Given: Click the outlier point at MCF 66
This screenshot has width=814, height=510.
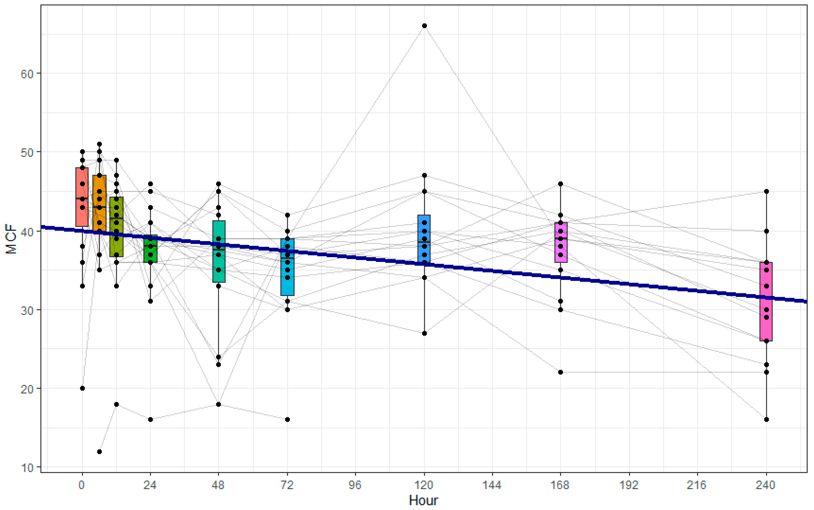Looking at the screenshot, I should click(x=424, y=26).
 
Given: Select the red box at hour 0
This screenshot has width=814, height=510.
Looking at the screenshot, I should click(x=82, y=197).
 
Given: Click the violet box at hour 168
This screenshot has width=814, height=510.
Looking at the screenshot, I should click(x=561, y=242).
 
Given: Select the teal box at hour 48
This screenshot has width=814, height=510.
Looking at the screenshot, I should click(x=219, y=251).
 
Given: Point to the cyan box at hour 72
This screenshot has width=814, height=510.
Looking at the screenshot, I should click(x=287, y=267).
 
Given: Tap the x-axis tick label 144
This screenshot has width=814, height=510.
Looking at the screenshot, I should click(x=492, y=485).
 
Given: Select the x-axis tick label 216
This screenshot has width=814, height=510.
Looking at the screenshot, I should click(x=697, y=485).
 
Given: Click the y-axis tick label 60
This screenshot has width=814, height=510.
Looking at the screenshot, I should click(x=27, y=74).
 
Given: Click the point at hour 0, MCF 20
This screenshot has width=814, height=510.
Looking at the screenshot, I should click(x=82, y=388).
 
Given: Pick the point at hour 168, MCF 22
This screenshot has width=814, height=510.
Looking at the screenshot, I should click(x=561, y=372).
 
